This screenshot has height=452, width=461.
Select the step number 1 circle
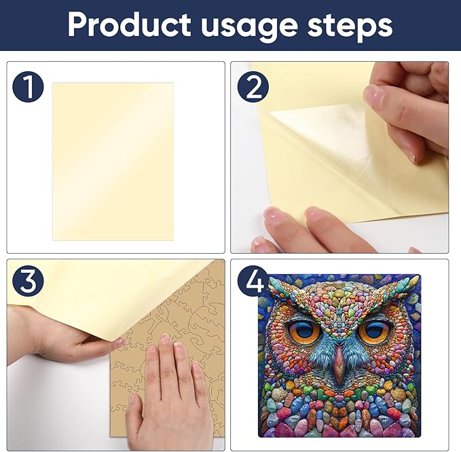point(28,88)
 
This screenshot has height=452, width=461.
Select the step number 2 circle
point(253,88)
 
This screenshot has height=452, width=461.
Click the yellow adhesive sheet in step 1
point(113,161)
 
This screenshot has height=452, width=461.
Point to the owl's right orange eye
point(373,331)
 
